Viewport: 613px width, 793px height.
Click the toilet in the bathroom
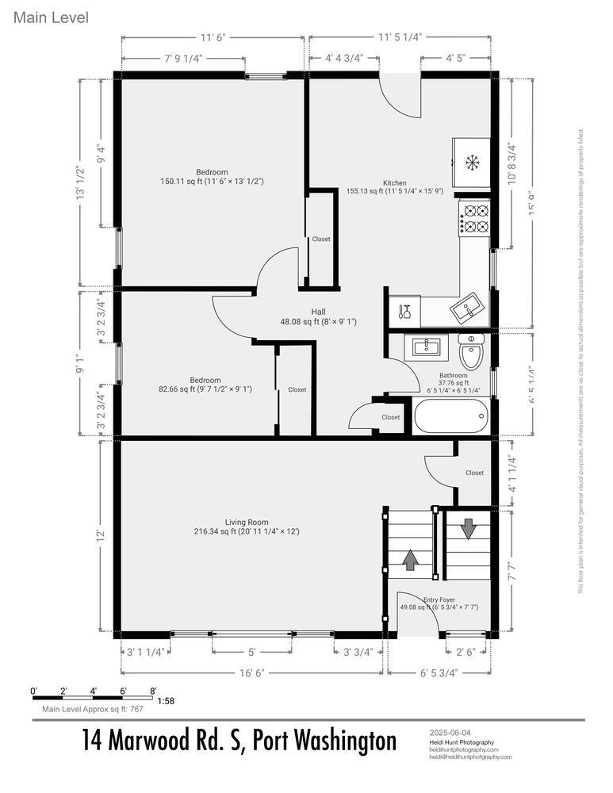point(471,354)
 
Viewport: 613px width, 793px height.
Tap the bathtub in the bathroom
point(450,416)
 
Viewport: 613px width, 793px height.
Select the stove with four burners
point(475,218)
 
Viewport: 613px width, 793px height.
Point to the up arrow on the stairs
point(410,560)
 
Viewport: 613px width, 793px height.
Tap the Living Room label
point(247,522)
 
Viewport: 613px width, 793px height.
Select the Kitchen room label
point(394,182)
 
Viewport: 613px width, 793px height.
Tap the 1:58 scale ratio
point(167,701)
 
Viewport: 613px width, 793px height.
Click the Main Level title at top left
point(51,17)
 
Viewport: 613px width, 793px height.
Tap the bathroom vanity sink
point(427,346)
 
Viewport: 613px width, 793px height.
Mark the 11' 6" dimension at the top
point(213,36)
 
